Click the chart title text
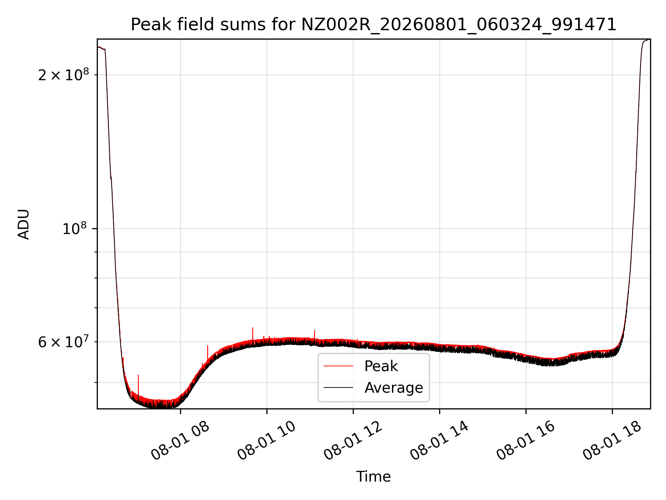pyautogui.click(x=374, y=25)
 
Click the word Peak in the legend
pyautogui.click(x=381, y=366)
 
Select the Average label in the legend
pyautogui.click(x=394, y=387)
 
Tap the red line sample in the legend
pyautogui.click(x=338, y=366)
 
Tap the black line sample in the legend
pyautogui.click(x=338, y=387)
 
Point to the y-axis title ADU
pyautogui.click(x=24, y=224)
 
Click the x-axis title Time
pyautogui.click(x=373, y=477)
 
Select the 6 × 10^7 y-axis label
pyautogui.click(x=63, y=342)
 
